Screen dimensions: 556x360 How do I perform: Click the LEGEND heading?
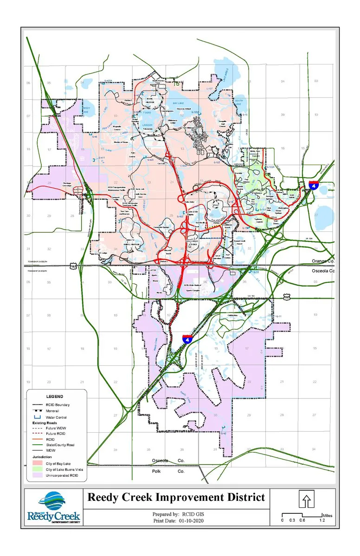55,396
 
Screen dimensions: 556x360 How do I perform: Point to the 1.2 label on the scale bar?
321,520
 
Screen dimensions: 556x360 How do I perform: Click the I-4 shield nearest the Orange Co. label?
314,185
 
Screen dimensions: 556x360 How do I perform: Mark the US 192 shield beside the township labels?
73,266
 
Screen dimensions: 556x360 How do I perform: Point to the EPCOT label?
215,204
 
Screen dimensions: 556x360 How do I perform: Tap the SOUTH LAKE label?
238,102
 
